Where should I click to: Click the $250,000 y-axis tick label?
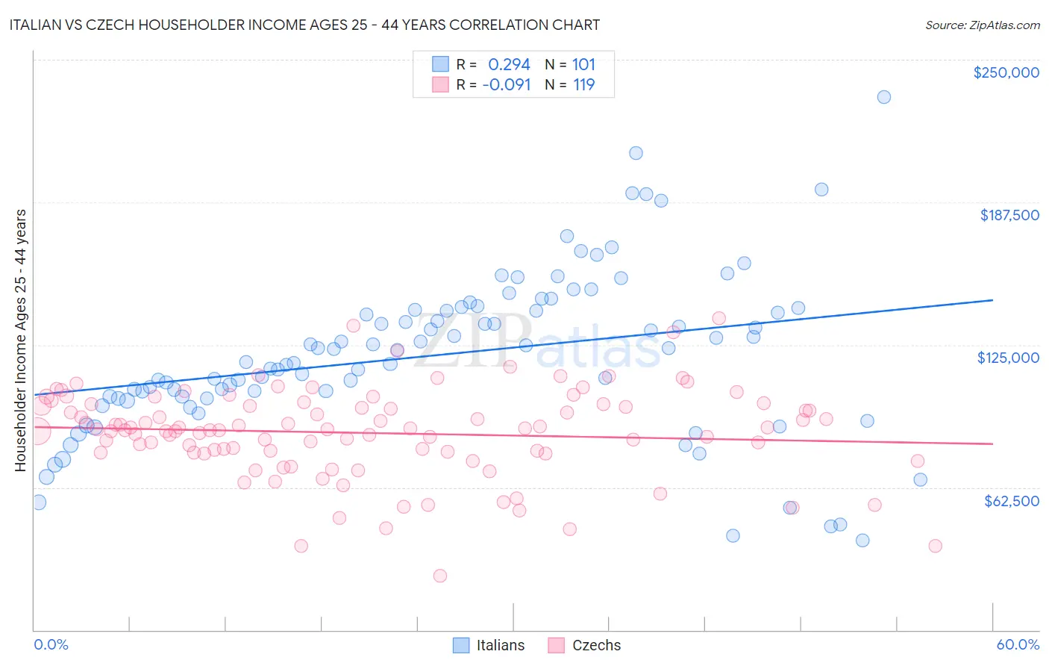click(x=1006, y=72)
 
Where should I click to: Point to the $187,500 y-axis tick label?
click(x=1009, y=215)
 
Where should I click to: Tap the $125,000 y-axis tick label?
click(x=1008, y=358)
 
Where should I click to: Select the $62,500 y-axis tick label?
click(x=1011, y=501)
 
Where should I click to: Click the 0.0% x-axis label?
click(x=51, y=644)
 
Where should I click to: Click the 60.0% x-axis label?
click(x=1017, y=644)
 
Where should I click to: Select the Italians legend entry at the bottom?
click(x=489, y=645)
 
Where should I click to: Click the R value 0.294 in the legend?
click(x=509, y=64)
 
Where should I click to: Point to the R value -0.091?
click(x=506, y=84)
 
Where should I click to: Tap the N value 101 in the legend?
click(x=583, y=64)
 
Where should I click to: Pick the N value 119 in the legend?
click(x=583, y=84)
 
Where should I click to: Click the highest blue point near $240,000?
click(x=883, y=97)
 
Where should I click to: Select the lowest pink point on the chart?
click(x=440, y=576)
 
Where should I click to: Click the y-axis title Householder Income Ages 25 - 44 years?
click(x=20, y=340)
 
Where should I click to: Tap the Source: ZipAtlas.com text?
click(x=982, y=25)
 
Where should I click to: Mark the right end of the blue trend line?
click(x=992, y=299)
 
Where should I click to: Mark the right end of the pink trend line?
click(x=992, y=444)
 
